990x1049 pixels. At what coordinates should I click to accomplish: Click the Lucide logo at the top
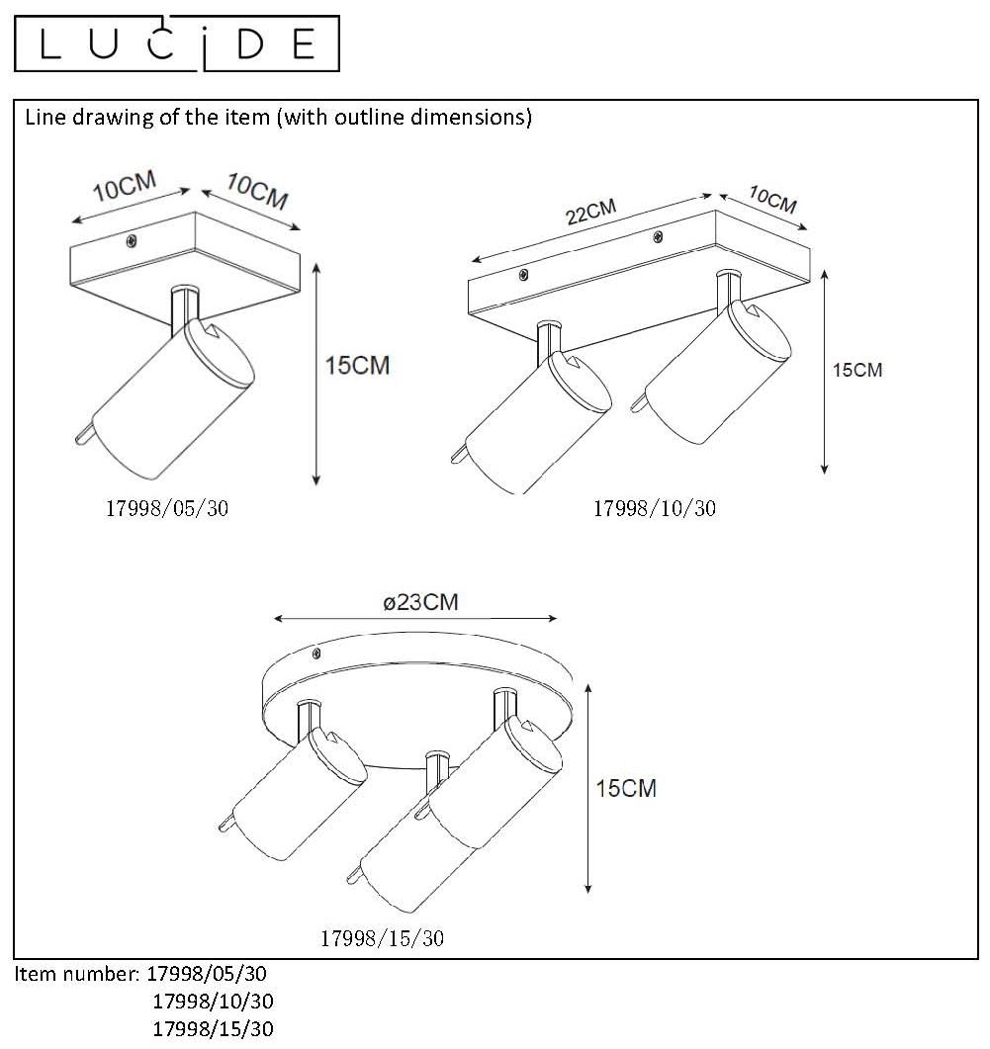point(177,44)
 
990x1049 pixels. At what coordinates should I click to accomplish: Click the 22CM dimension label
point(590,213)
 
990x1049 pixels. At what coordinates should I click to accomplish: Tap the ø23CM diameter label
point(420,602)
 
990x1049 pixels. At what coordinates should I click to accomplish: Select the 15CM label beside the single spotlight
point(357,365)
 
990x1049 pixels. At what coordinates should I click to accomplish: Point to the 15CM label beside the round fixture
point(626,788)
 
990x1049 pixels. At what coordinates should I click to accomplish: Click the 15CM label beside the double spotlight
point(856,370)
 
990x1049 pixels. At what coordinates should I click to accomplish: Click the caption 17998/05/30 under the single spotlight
point(167,508)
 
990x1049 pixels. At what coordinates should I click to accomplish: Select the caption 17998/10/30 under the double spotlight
point(655,508)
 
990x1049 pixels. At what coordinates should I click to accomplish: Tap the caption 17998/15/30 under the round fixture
point(382,938)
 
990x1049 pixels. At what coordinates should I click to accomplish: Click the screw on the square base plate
point(132,241)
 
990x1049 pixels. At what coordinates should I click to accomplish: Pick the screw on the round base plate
point(316,653)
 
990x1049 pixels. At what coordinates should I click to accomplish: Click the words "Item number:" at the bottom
point(77,974)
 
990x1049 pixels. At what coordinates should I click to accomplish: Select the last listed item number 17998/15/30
point(213,1028)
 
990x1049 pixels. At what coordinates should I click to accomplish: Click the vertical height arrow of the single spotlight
point(316,374)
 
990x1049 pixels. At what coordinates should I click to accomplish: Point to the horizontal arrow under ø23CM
point(415,619)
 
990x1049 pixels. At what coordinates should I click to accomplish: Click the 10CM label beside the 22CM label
point(773,200)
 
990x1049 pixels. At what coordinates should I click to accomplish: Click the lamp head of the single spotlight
point(166,398)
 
